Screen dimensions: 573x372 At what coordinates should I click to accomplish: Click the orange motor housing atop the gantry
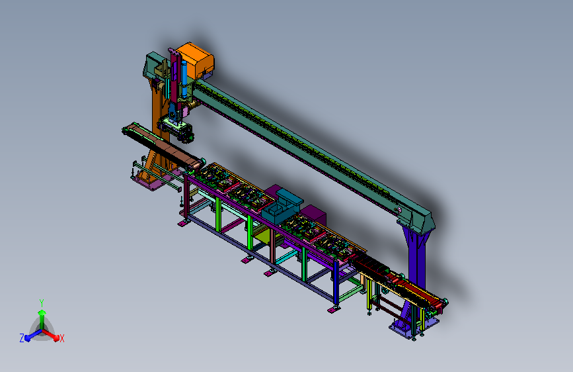[x=196, y=60]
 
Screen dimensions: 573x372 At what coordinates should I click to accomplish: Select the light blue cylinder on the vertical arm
[x=184, y=78]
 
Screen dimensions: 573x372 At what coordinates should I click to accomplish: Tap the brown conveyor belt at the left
[x=163, y=146]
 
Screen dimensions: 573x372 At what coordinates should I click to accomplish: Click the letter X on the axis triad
[x=61, y=338]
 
